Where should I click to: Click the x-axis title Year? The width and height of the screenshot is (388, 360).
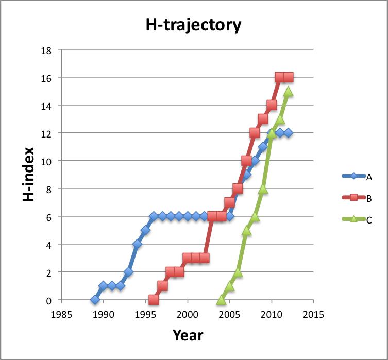coord(188,335)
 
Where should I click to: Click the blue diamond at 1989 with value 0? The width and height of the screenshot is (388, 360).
coord(95,299)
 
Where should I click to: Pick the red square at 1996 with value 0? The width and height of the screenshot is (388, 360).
coord(154,299)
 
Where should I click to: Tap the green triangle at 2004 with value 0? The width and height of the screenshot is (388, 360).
coord(221,299)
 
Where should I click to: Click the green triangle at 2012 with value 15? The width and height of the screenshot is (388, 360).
coord(288,91)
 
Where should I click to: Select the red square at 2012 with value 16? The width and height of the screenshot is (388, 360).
coord(288,77)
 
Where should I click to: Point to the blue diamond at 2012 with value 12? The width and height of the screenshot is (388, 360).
coord(288,133)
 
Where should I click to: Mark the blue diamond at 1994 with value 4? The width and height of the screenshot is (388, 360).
coord(137,244)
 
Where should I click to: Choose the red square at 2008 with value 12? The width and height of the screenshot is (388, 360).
coord(255,133)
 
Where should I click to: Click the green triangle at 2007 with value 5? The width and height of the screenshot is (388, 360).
coord(246,230)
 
